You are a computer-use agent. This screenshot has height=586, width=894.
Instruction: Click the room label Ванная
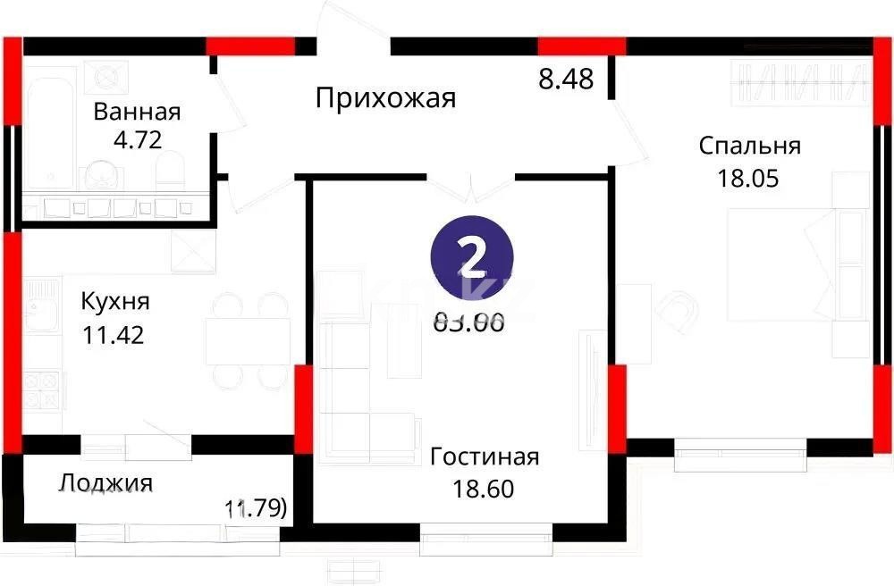[137, 112]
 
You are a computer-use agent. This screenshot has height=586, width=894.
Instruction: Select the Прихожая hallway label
[385, 97]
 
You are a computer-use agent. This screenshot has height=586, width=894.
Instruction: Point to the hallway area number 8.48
[566, 79]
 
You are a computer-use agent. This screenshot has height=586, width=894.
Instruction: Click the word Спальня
[749, 146]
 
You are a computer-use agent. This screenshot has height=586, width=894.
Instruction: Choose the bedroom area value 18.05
[749, 177]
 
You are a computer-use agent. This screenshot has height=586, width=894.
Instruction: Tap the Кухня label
[115, 301]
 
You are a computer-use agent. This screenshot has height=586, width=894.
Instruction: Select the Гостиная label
[485, 457]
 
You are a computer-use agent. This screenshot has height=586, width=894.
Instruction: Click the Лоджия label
[106, 483]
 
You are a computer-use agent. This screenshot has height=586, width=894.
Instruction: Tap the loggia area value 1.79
[256, 509]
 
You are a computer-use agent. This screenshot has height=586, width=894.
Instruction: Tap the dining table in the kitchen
[248, 339]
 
